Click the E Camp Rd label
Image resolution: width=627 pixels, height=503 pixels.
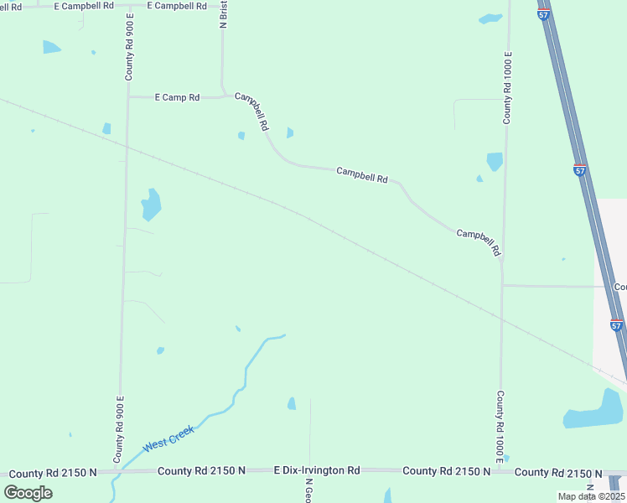[177, 97]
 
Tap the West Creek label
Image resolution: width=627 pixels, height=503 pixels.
[168, 438]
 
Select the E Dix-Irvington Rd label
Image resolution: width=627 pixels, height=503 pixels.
[317, 470]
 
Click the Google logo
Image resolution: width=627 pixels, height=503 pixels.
[28, 493]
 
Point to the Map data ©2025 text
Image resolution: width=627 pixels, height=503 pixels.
[591, 496]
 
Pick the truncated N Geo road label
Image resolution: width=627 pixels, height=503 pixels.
[308, 490]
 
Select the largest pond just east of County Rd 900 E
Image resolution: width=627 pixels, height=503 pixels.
[151, 204]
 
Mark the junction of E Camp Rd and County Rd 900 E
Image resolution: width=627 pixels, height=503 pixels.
[128, 97]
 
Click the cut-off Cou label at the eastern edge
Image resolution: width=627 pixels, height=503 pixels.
[619, 287]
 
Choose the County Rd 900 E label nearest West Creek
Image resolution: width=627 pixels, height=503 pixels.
[120, 423]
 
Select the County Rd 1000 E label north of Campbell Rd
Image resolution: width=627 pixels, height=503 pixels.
[507, 88]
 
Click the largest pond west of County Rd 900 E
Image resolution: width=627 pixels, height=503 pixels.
[51, 47]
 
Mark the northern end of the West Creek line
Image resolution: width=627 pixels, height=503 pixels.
[283, 336]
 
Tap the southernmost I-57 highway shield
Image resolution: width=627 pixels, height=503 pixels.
[616, 325]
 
